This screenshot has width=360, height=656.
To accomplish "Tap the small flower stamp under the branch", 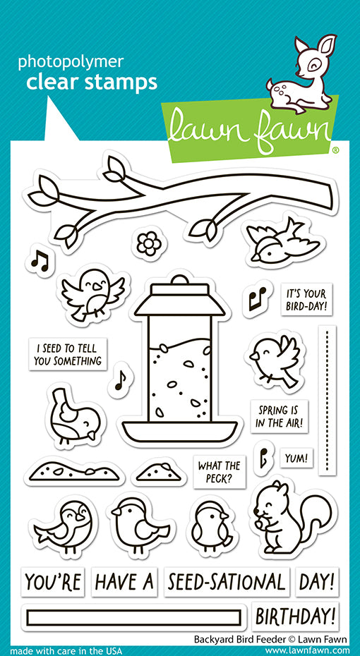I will click(148, 244).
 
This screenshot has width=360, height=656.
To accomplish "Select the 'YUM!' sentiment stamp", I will click(296, 458).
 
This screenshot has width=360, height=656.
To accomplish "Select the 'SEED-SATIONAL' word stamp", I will click(227, 582).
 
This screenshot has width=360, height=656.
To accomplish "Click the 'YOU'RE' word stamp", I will click(53, 582).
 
